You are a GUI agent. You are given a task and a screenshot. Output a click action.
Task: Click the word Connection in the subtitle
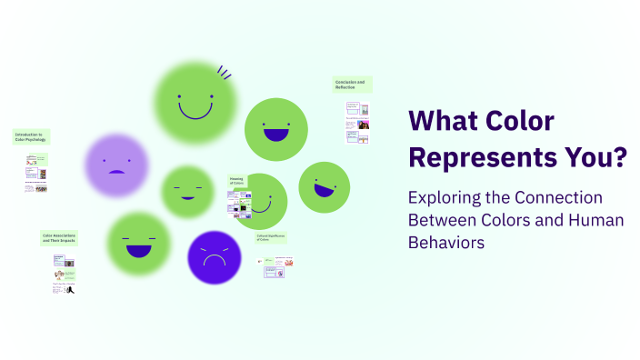pyautogui.click(x=560, y=197)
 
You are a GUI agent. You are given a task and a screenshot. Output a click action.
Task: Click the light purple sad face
pyautogui.click(x=116, y=165)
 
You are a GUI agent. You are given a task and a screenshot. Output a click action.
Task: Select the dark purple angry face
pyautogui.click(x=214, y=256)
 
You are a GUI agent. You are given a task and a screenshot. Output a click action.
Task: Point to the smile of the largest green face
pyautogui.click(x=195, y=113)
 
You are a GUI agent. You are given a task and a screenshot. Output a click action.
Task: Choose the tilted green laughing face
pyautogui.click(x=324, y=187)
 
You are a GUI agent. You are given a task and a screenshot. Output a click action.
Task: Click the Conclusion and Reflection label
pyautogui.click(x=351, y=84)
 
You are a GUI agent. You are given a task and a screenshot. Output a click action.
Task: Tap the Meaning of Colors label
pyautogui.click(x=237, y=181)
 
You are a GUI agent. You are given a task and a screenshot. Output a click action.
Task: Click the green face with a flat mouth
pyautogui.click(x=188, y=192)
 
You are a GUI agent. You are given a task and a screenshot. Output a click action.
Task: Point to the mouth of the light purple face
pyautogui.click(x=116, y=172)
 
